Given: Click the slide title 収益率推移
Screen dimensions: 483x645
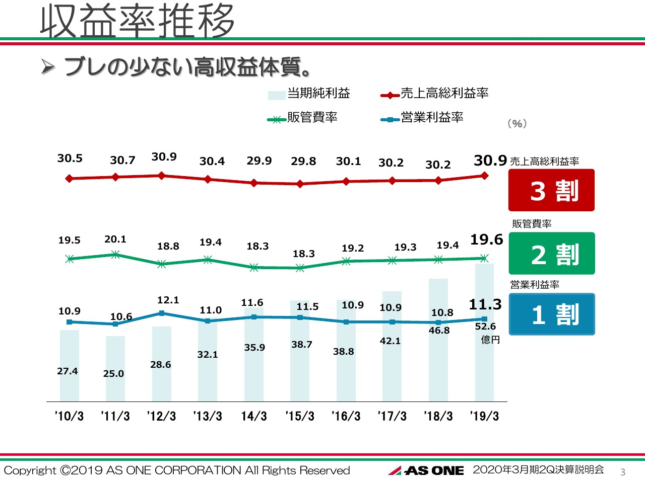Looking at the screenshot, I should (x=137, y=21).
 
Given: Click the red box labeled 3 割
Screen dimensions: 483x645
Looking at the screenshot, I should (x=551, y=190).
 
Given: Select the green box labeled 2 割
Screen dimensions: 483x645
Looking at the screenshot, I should (x=551, y=254).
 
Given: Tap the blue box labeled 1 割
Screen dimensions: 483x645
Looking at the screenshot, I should (x=551, y=314).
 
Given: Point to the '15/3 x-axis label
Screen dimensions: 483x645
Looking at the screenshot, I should (x=300, y=416).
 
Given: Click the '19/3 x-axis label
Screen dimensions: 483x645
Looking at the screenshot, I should (x=484, y=416).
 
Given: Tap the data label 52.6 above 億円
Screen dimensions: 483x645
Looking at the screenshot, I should (x=485, y=327).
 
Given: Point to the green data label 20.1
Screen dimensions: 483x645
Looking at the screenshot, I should (x=115, y=239).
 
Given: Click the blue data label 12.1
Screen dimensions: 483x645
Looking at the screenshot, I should (x=168, y=300).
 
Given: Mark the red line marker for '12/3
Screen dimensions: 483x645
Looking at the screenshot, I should (x=162, y=176).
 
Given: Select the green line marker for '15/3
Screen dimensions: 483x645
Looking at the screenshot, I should (x=300, y=268).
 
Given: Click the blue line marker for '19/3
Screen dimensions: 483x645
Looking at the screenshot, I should (x=484, y=319).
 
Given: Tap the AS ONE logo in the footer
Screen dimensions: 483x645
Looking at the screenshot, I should (x=426, y=470).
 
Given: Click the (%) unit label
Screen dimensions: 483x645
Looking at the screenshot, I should (x=517, y=124).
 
